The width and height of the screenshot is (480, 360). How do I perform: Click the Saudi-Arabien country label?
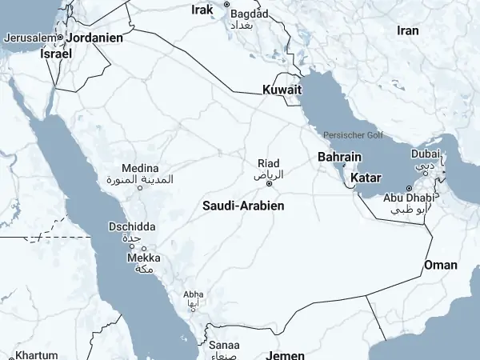[243, 206]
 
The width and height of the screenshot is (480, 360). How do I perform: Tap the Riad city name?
[268, 163]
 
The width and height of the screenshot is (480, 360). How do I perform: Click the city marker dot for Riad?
[269, 183]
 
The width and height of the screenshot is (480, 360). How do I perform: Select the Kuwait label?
[282, 90]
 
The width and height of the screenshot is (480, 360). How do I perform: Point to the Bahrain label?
[339, 157]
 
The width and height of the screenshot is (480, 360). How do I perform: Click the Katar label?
[366, 177]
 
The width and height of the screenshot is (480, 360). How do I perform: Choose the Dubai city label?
[425, 154]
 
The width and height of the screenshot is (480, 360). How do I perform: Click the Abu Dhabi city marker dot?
[409, 188]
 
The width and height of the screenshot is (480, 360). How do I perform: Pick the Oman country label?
[441, 265]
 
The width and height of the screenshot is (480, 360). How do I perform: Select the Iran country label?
[408, 30]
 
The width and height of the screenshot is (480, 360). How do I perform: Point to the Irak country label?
[203, 10]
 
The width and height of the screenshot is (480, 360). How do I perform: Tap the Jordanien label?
[94, 38]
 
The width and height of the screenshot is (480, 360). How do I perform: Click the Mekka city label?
[144, 258]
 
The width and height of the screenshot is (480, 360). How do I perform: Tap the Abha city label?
[193, 294]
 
